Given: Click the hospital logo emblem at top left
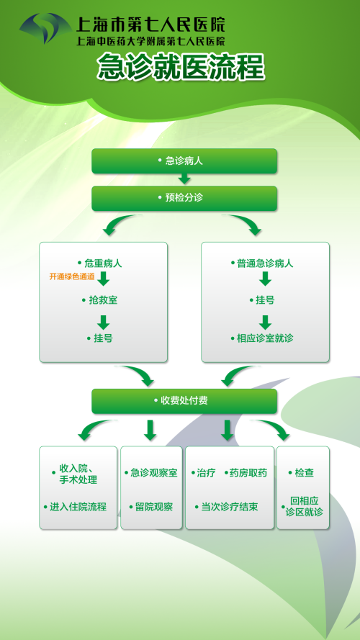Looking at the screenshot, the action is click(45, 28).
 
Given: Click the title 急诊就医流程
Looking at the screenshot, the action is click(181, 67).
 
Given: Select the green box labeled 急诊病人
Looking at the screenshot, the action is click(184, 161).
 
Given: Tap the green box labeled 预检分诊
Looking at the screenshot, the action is click(184, 199).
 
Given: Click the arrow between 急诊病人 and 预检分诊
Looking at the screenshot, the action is click(184, 179).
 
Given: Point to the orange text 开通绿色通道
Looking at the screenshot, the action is click(72, 276).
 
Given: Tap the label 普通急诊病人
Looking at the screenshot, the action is click(265, 263).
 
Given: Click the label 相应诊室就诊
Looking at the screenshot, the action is click(265, 338).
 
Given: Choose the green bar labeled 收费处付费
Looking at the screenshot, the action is click(184, 401).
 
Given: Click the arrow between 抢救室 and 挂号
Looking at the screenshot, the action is click(103, 322).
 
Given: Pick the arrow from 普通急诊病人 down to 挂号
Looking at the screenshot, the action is click(265, 279).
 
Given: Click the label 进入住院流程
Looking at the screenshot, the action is click(78, 507).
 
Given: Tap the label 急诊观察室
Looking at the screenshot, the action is click(154, 473).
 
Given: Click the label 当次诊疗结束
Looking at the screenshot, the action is click(230, 507).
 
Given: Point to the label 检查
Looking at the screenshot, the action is click(304, 473).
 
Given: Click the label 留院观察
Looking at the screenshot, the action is click(154, 507).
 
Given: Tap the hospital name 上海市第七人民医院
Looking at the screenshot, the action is click(150, 24).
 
